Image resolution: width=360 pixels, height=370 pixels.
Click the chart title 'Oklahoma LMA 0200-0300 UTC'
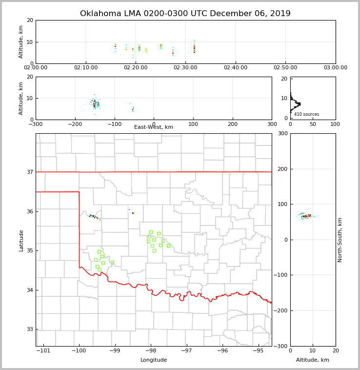point(185,14)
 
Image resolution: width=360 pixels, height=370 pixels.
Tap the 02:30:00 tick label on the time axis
point(185,68)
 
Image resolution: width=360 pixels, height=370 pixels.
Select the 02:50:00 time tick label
point(285,68)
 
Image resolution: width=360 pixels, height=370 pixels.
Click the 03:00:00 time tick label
point(335,68)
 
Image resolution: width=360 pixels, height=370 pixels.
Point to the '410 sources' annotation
point(306,114)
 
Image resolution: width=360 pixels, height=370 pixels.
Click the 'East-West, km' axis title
point(154,127)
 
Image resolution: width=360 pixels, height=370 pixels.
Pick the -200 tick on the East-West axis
point(75,124)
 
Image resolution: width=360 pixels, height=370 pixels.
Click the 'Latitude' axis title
point(21,240)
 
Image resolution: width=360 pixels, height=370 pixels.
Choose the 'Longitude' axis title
point(154,360)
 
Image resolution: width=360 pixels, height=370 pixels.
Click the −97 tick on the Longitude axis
point(186,351)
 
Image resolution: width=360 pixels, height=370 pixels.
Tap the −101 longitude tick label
point(44,351)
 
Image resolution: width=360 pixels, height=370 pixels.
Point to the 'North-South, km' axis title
point(340,240)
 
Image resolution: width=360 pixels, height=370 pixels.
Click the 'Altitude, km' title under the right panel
point(313,360)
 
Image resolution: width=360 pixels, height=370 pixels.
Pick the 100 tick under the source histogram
point(336,124)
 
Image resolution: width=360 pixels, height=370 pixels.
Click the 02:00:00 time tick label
point(36,68)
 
